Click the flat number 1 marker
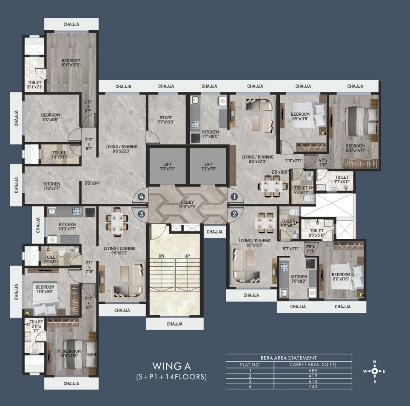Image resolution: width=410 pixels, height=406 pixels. click(x=233, y=197)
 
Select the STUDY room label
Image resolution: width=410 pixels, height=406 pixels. click(x=166, y=117)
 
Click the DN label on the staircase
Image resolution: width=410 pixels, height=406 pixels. click(x=161, y=256)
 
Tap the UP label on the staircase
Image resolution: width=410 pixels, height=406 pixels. click(x=187, y=256)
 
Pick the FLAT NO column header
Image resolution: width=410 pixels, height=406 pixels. click(x=249, y=365)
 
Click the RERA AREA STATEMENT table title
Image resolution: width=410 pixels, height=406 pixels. click(x=288, y=358)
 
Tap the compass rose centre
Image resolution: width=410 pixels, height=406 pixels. click(x=374, y=371)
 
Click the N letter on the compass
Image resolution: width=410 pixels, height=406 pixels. click(x=374, y=362)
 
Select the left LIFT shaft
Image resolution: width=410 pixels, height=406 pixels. click(x=166, y=166)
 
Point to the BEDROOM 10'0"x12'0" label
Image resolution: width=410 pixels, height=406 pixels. click(x=71, y=63)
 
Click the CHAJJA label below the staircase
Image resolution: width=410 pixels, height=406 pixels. click(x=174, y=324)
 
